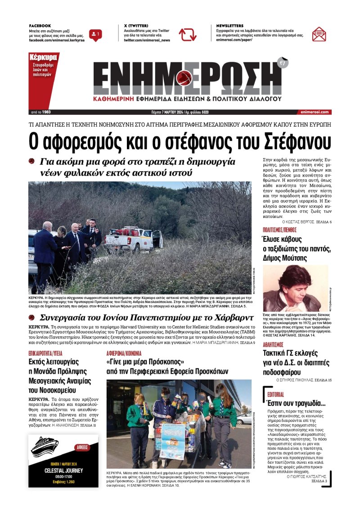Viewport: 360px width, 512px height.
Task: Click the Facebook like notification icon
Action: [x=95, y=35]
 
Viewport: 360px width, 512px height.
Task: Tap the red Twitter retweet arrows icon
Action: [x=187, y=34]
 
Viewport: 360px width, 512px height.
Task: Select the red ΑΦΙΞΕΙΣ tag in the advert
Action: [x=84, y=447]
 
